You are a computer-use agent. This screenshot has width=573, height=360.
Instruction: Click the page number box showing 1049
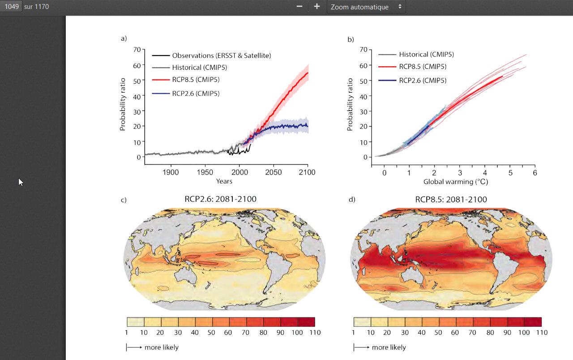pyautogui.click(x=11, y=7)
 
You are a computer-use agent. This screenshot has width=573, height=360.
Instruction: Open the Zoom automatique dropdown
pyautogui.click(x=366, y=7)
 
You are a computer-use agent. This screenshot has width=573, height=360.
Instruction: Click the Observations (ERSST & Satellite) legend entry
pyautogui.click(x=221, y=56)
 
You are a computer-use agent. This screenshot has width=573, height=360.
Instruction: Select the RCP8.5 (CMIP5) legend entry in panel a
pyautogui.click(x=196, y=80)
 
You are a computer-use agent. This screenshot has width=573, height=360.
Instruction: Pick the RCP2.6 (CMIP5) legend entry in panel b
pyautogui.click(x=423, y=81)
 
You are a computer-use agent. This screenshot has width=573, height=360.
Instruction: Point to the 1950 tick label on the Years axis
pyautogui.click(x=205, y=172)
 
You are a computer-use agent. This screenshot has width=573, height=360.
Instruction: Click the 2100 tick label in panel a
pyautogui.click(x=307, y=172)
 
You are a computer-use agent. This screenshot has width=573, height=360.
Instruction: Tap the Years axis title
pyautogui.click(x=224, y=181)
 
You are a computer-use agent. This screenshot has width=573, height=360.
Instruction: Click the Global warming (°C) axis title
pyautogui.click(x=455, y=182)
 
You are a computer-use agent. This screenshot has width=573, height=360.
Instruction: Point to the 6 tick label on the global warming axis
pyautogui.click(x=535, y=172)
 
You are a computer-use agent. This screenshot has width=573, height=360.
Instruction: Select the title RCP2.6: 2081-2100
pyautogui.click(x=220, y=199)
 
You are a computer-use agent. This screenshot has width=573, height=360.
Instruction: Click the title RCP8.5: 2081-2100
pyautogui.click(x=451, y=199)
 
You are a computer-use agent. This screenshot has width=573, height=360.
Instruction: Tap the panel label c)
pyautogui.click(x=124, y=200)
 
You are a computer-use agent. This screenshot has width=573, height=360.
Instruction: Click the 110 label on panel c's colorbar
pyautogui.click(x=315, y=332)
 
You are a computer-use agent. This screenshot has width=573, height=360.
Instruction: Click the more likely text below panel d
pyautogui.click(x=389, y=347)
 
